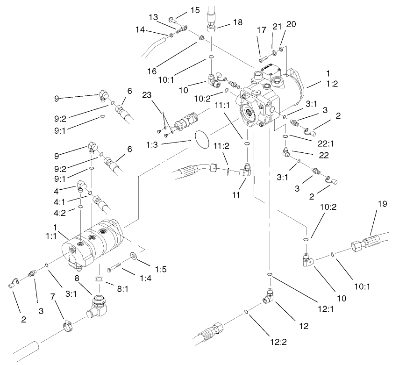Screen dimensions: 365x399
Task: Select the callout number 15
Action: [x=195, y=10]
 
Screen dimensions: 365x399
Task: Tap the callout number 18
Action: [x=238, y=22]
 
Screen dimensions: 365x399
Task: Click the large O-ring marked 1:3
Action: [x=202, y=139]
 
